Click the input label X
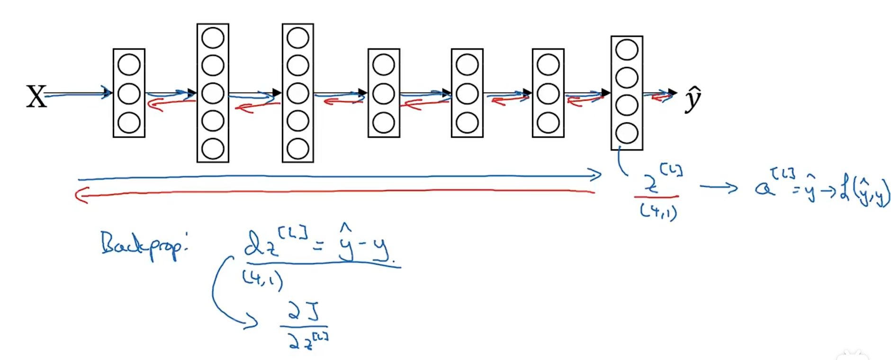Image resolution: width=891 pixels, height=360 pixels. [x=36, y=97]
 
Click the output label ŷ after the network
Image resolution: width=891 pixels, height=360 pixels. [x=693, y=99]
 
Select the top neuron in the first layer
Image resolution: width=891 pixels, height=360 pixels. [x=129, y=64]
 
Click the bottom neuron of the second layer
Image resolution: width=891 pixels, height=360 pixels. [x=213, y=149]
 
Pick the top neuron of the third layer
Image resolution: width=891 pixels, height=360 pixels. [x=297, y=38]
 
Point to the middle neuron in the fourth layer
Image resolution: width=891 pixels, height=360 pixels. [x=384, y=94]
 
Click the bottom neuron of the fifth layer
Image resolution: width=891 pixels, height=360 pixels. [x=467, y=123]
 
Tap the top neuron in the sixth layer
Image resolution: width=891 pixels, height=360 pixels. [x=548, y=65]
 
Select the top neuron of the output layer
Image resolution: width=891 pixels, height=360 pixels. [x=627, y=50]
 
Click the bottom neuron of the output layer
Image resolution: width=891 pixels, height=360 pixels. [x=627, y=134]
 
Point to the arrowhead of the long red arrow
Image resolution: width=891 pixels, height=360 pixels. [x=81, y=195]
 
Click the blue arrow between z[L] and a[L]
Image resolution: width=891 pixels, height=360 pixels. [x=719, y=188]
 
